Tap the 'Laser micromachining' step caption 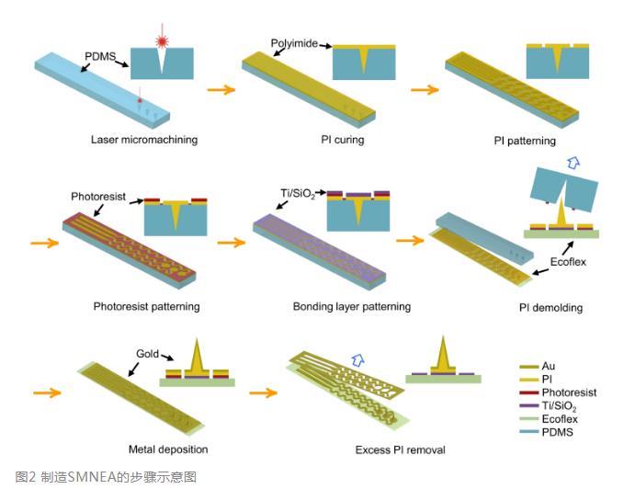[x=144, y=140]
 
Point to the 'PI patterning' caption [x=525, y=141]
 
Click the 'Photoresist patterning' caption [x=147, y=305]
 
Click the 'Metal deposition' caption [x=167, y=449]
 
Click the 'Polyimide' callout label [x=293, y=43]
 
